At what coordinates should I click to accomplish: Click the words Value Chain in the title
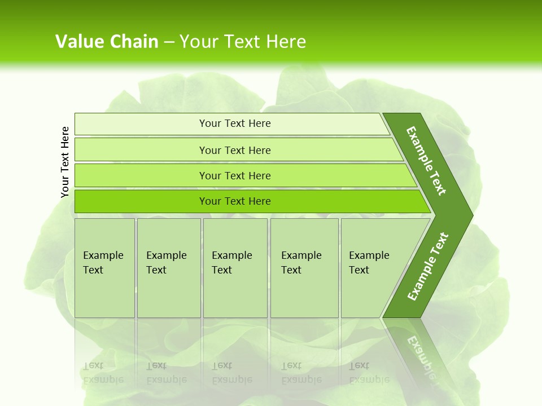click(x=107, y=41)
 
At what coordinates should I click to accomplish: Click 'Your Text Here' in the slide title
click(x=243, y=41)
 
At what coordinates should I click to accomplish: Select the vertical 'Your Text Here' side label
click(x=65, y=162)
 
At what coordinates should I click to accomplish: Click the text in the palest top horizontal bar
click(x=235, y=123)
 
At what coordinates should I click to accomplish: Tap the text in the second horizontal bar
click(x=235, y=150)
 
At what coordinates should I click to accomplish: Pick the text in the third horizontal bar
click(x=235, y=175)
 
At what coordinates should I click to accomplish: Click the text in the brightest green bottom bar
click(x=235, y=201)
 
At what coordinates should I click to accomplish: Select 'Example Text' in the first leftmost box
click(x=103, y=263)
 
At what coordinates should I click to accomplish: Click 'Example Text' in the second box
click(x=166, y=263)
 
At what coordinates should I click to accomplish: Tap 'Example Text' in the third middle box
click(x=231, y=263)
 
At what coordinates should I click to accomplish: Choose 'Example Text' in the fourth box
click(x=301, y=263)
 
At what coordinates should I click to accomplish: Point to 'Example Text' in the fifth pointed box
click(x=369, y=263)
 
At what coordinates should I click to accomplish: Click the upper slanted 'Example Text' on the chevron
click(x=426, y=161)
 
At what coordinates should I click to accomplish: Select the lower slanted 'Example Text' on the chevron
click(x=427, y=267)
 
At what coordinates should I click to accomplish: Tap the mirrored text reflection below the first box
click(x=103, y=373)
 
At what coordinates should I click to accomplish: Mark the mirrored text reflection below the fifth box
click(x=369, y=373)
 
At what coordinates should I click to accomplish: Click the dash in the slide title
click(x=169, y=42)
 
